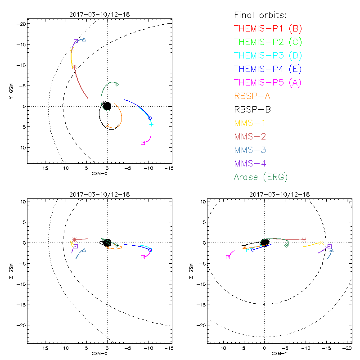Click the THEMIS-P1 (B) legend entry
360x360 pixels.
(x=268, y=29)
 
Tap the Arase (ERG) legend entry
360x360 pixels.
(x=261, y=177)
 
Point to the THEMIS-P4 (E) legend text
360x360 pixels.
(x=268, y=69)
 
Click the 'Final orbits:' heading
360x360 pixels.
(x=260, y=15)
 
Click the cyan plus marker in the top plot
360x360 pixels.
(x=152, y=124)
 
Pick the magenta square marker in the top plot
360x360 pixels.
(x=143, y=143)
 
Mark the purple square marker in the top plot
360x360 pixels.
(x=76, y=41)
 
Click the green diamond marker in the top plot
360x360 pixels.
(x=117, y=84)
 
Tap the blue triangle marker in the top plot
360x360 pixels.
(x=84, y=40)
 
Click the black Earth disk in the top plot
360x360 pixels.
(x=107, y=107)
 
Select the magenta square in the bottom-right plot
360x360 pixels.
(x=228, y=257)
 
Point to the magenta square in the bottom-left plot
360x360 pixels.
(x=143, y=257)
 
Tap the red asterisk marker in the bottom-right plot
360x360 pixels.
(x=304, y=239)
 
